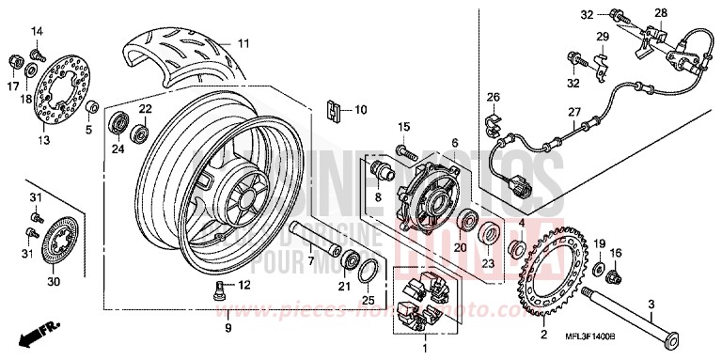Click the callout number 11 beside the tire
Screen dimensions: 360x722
[x=243, y=43]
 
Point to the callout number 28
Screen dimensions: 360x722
[x=660, y=12]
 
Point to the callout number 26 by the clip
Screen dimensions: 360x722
[x=493, y=99]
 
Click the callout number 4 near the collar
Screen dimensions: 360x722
[x=520, y=223]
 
